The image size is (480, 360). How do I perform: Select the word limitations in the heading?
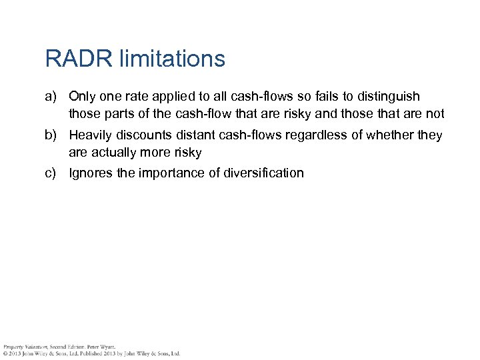click(172, 59)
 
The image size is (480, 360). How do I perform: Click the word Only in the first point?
click(82, 97)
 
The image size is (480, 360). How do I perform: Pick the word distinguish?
click(389, 97)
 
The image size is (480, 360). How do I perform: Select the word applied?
click(167, 97)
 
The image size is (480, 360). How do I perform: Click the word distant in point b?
click(190, 135)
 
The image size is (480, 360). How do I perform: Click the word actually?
click(111, 152)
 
